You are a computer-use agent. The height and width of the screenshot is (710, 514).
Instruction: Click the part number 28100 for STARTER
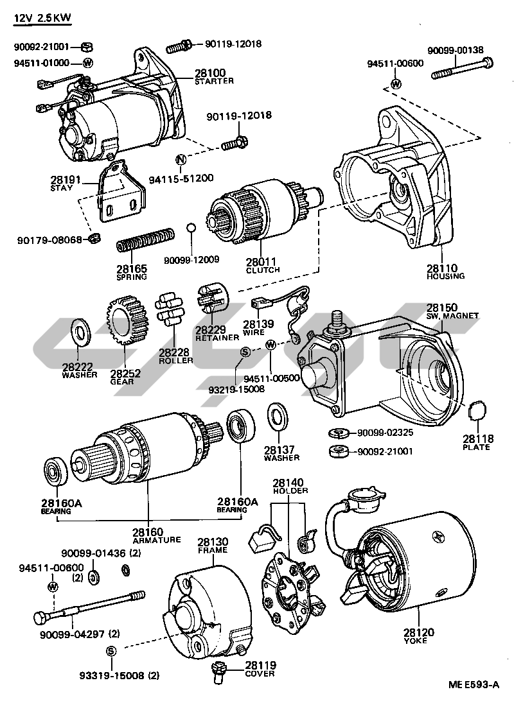pos(210,73)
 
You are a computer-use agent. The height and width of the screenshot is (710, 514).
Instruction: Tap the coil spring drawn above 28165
pos(145,239)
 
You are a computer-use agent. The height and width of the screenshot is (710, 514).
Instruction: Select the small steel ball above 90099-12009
pos(191,227)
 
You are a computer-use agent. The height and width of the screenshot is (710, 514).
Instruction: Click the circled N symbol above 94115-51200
pos(181,159)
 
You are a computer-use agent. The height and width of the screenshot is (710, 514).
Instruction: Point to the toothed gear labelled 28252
pos(128,320)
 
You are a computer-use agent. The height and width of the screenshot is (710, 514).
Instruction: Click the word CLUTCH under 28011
pos(263,270)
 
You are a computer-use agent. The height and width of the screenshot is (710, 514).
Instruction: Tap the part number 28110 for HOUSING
pos(442,268)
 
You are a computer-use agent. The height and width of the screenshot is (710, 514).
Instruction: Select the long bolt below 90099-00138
pos(461,68)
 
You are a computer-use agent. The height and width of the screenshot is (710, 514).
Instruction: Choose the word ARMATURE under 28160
pos(157,540)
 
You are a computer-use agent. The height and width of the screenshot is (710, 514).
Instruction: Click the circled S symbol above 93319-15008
pos(111,651)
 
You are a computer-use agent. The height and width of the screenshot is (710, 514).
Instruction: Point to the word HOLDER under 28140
pos(290,490)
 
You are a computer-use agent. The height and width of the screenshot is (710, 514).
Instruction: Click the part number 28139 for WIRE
pos(258,324)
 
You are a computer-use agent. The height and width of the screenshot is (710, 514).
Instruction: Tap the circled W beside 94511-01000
pos(87,63)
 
